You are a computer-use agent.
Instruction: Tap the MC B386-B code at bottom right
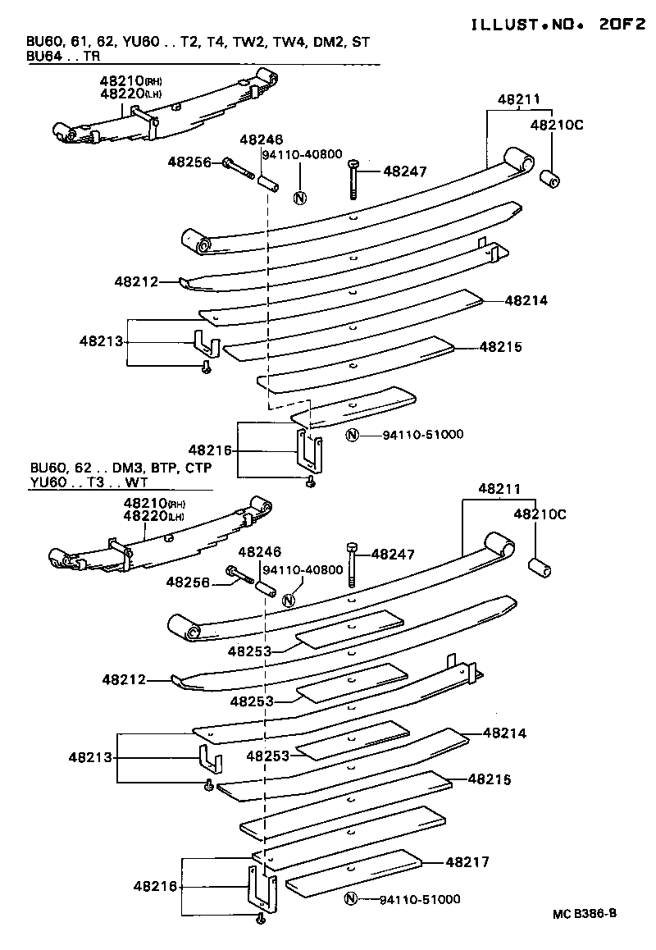click(584, 913)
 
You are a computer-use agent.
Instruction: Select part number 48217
click(467, 862)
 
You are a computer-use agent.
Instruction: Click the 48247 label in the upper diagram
click(406, 171)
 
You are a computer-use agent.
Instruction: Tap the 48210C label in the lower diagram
click(540, 514)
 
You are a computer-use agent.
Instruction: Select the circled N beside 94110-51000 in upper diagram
click(352, 435)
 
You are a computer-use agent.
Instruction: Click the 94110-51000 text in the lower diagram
click(420, 900)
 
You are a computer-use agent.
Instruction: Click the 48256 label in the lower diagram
click(190, 582)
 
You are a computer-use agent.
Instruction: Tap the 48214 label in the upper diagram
click(526, 301)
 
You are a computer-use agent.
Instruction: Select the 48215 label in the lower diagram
click(490, 779)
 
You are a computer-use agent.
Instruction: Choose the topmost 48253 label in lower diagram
click(252, 651)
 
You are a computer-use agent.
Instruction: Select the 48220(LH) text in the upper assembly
click(130, 94)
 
